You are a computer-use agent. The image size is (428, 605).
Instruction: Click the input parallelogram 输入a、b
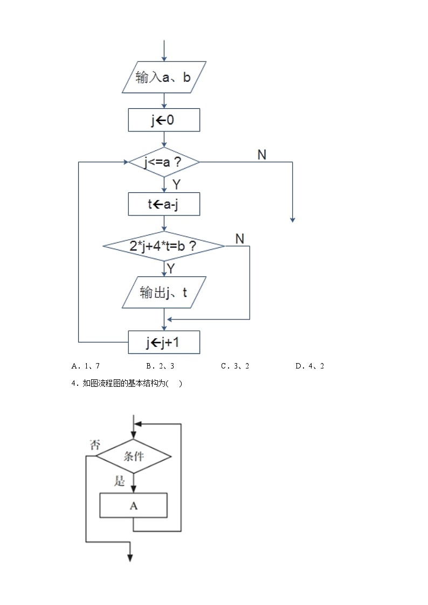[164, 78]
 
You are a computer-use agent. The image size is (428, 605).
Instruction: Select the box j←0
[164, 120]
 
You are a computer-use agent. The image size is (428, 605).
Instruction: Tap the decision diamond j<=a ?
[164, 162]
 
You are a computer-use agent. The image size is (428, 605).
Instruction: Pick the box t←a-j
[164, 204]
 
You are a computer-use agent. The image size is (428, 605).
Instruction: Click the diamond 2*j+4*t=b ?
[164, 246]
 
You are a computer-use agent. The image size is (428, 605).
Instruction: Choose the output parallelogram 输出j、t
[164, 293]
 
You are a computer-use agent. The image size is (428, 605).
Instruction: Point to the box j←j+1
[164, 342]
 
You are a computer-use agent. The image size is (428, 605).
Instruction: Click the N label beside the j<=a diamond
[262, 155]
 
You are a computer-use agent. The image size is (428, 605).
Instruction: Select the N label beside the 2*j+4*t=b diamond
[240, 239]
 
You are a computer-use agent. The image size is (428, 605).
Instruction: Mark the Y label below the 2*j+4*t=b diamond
[171, 268]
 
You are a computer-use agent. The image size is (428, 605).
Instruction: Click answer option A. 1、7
[86, 366]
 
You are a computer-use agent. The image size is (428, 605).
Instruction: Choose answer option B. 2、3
[160, 366]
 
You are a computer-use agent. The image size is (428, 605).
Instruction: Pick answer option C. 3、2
[235, 366]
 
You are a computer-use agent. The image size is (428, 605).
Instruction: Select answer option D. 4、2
[310, 366]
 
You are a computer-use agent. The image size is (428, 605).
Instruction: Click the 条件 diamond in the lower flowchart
[134, 456]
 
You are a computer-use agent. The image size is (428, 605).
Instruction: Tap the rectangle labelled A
[134, 505]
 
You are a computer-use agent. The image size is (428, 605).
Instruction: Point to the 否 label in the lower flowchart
[94, 444]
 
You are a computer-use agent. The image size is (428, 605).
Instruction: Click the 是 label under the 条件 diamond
[119, 481]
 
